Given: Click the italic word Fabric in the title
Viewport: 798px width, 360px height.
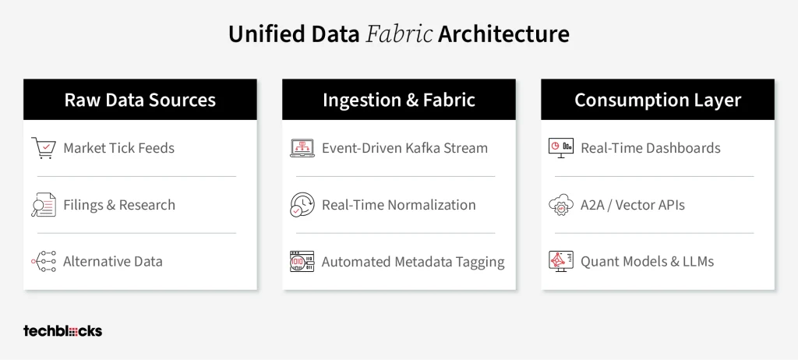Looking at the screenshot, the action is [399, 34].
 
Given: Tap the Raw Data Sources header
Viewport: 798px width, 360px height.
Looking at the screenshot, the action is [140, 100].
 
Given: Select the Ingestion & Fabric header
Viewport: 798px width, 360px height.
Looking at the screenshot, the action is [399, 100].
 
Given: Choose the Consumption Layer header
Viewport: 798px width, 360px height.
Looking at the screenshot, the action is [658, 100].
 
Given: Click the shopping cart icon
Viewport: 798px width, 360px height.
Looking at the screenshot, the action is [44, 148].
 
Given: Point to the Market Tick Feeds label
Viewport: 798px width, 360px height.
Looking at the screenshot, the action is [118, 148].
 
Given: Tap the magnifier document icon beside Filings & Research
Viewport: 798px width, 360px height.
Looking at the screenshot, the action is [44, 205].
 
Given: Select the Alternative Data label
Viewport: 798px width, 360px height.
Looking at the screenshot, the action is [113, 262].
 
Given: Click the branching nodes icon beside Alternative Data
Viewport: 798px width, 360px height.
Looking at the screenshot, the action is [44, 261].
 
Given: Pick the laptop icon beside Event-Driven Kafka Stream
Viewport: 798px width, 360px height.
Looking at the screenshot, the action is [302, 148].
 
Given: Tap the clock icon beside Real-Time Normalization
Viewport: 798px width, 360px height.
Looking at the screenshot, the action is [302, 205].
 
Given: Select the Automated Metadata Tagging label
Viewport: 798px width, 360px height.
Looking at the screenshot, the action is [413, 262].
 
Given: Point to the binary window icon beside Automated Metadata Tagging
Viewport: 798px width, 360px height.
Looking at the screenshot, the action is [302, 261].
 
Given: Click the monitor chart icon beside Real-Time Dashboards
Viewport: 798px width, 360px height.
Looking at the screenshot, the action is [561, 148].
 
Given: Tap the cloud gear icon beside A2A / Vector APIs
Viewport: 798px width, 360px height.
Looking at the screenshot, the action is [561, 205].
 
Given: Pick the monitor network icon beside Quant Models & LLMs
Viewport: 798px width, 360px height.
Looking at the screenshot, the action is [561, 261].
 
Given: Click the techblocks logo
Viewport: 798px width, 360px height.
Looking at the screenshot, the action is [62, 331].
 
